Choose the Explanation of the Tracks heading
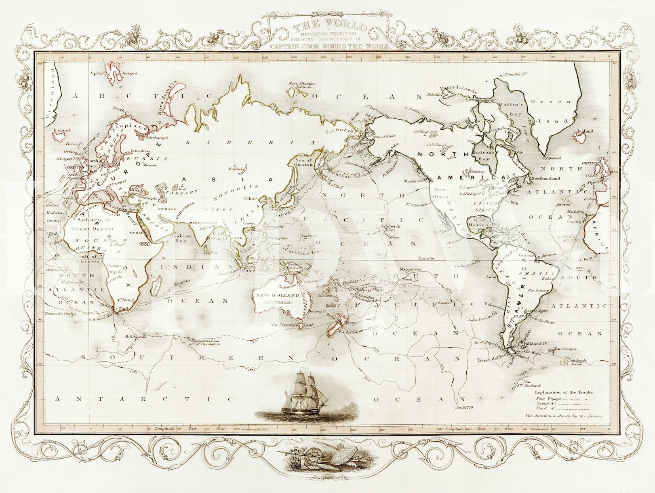click(561, 392)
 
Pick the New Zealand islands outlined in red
click(339, 323)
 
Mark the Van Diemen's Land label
click(287, 324)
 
